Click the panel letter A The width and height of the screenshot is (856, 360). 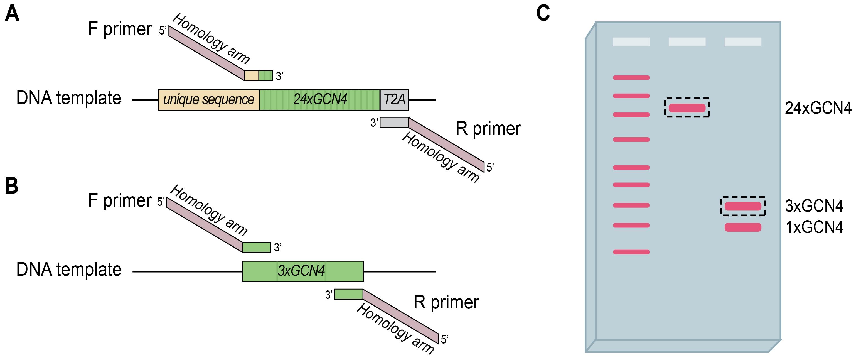click(12, 14)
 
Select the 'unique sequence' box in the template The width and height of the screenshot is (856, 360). click(208, 100)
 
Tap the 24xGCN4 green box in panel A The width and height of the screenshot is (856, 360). click(319, 100)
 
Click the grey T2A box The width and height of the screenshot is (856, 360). click(394, 100)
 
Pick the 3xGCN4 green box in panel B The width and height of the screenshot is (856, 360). click(302, 271)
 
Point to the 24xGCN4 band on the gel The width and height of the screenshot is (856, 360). click(687, 108)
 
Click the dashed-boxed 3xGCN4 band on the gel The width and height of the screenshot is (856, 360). click(743, 206)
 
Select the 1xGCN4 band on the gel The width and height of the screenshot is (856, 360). click(743, 227)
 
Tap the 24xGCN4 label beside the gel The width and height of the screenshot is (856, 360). click(818, 108)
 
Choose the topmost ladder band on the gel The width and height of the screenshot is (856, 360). click(631, 78)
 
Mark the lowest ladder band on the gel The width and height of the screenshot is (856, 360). click(631, 252)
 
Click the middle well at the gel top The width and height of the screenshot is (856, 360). click(687, 42)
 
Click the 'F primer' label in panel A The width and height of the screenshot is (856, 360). click(120, 29)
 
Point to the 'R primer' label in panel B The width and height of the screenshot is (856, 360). click(446, 302)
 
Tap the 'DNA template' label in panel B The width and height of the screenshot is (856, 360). click(69, 270)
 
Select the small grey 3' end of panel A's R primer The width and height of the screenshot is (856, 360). click(394, 122)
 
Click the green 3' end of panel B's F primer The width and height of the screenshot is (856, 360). click(257, 247)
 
